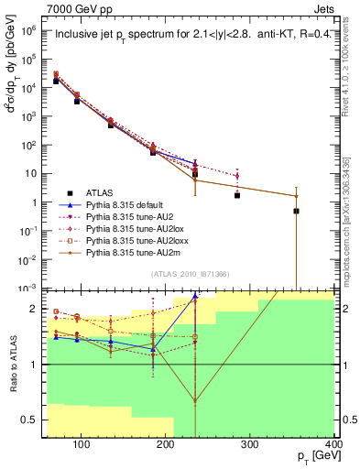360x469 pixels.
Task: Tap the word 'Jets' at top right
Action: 326,7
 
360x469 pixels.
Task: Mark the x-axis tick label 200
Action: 166,446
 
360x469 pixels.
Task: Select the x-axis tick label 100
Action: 82,446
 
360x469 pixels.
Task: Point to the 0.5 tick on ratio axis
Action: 34,421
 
